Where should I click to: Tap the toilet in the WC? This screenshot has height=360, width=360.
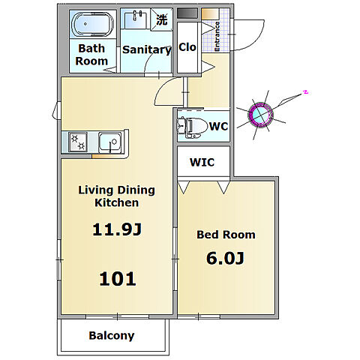point(192,127)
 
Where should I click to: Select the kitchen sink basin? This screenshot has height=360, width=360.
point(111,142)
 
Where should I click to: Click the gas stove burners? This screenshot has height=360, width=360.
point(78,142)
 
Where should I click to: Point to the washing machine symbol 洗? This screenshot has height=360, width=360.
point(162,19)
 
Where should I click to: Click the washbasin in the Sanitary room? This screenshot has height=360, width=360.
point(136,19)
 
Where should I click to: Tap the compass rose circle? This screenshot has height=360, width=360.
point(260,115)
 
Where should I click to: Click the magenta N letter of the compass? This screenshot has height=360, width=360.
point(305,92)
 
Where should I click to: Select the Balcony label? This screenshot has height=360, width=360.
point(112,336)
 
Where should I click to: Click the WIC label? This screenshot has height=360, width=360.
point(202,162)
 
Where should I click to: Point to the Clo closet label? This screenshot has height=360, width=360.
point(187,47)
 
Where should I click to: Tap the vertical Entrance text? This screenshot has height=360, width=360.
point(217,37)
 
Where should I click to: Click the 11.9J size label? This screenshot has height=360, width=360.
point(117,229)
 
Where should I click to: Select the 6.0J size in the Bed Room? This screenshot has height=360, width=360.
point(225,258)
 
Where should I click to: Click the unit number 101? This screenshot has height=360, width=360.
point(118,279)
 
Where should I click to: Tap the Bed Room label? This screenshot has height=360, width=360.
point(226,235)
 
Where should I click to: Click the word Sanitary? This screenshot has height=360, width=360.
point(147,49)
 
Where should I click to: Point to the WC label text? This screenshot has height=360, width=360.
point(219,126)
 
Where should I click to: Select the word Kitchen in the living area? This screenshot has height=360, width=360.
point(116,202)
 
